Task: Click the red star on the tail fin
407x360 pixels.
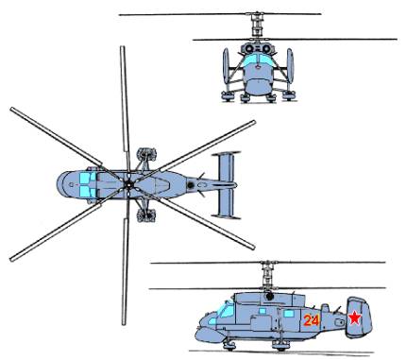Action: (354, 318)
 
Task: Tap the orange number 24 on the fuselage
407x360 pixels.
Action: (312, 320)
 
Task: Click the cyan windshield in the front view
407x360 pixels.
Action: (258, 60)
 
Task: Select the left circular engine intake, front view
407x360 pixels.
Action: (249, 49)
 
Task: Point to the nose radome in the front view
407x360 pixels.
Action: (258, 86)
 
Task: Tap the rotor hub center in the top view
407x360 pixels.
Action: (128, 185)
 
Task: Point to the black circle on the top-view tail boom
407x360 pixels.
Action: (191, 185)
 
